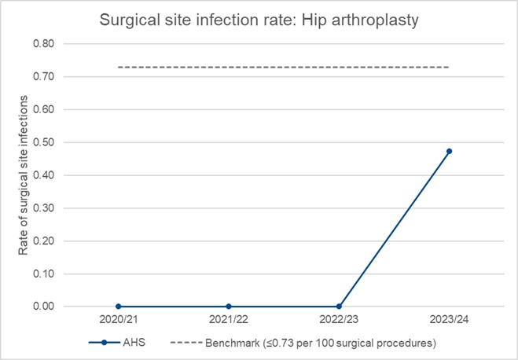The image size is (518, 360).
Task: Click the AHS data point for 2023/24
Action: click(449, 151)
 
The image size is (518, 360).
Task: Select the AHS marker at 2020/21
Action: click(118, 307)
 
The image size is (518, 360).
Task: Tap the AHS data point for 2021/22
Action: click(229, 307)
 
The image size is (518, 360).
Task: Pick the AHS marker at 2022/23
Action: click(339, 307)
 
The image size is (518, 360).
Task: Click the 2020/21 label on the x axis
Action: click(118, 321)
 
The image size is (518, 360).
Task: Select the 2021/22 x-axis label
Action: click(229, 321)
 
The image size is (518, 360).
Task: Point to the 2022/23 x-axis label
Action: click(339, 321)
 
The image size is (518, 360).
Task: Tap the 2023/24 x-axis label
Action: click(449, 321)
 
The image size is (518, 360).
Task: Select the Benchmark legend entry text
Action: click(320, 343)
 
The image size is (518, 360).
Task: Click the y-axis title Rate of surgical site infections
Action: click(24, 175)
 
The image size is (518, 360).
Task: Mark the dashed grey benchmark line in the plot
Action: click(283, 68)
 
